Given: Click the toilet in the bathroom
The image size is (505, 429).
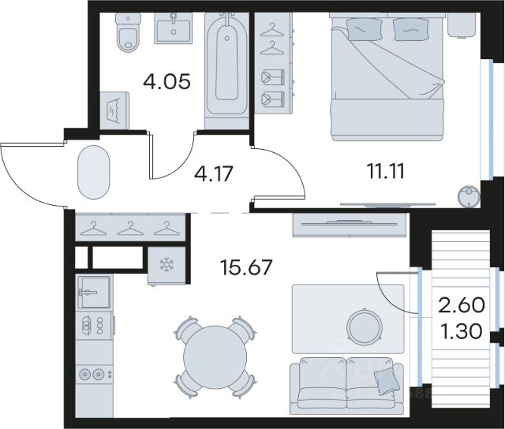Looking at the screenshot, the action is coord(128,32).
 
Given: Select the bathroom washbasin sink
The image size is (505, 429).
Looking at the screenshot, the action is coord(174,28).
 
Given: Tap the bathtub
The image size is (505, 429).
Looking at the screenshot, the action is coord(227,65).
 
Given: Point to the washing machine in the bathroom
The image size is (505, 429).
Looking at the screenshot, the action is coord(114,110).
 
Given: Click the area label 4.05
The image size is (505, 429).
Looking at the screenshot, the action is coord(166,82).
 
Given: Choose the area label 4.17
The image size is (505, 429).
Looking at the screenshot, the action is coord(213,173).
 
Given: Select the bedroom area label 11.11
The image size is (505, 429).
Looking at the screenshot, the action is coord(386,171).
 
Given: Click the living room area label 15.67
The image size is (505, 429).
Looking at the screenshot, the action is coord(246,267).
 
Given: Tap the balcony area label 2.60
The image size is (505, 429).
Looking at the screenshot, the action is coord(462,304).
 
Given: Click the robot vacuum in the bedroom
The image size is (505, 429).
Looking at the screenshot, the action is coord(469,196).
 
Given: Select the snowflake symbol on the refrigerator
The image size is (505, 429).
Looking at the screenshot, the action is coord(166,265).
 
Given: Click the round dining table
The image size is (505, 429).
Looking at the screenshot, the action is coord(215,357).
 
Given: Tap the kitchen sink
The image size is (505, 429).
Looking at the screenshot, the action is coord(95,293).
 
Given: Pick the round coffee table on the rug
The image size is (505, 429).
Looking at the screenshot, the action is coord(365,326).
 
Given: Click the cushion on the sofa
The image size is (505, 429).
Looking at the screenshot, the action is coord(384,382).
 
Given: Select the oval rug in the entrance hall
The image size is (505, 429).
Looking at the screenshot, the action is coord(94,172).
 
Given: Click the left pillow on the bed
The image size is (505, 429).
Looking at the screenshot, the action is coord(365,29).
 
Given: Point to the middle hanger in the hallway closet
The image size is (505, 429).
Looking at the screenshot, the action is coord(129,229).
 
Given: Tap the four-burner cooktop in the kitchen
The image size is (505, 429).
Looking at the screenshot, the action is coord(94,325).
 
